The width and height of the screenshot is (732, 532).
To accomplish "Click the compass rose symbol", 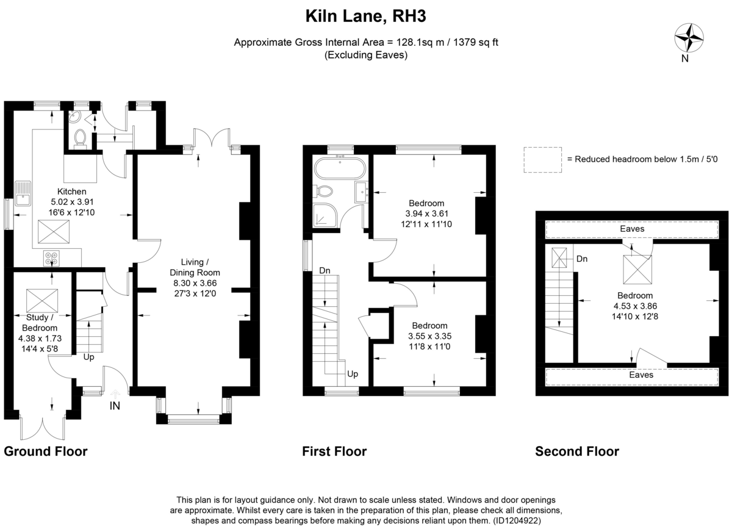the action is (689, 38).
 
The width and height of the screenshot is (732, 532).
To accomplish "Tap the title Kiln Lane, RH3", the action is (365, 16).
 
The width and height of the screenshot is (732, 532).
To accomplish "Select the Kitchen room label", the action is (72, 192).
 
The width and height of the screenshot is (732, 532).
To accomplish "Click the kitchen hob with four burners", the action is (51, 258).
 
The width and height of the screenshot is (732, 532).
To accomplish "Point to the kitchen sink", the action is (23, 193).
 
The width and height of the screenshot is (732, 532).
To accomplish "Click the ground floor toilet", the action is (80, 137).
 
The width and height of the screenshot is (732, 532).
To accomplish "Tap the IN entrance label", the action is (115, 406).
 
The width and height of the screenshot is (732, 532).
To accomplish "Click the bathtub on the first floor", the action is (340, 168).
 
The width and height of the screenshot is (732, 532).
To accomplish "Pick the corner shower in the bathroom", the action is (325, 215).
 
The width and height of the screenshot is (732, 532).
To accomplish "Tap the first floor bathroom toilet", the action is (323, 191).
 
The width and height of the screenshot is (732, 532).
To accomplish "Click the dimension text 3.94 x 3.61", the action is (426, 214).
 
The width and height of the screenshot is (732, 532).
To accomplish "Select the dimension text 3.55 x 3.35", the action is (429, 336).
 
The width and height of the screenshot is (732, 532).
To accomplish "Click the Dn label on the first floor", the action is (325, 270).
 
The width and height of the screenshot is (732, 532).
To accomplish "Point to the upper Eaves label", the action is (632, 229).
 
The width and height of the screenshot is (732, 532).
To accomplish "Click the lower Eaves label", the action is (641, 375).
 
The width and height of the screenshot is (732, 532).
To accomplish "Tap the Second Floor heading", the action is (577, 451).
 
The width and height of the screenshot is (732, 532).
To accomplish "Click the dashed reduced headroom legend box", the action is (543, 160).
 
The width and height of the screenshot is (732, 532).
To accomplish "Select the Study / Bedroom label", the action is (40, 323).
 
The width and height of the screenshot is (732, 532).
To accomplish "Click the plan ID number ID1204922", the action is (516, 520).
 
